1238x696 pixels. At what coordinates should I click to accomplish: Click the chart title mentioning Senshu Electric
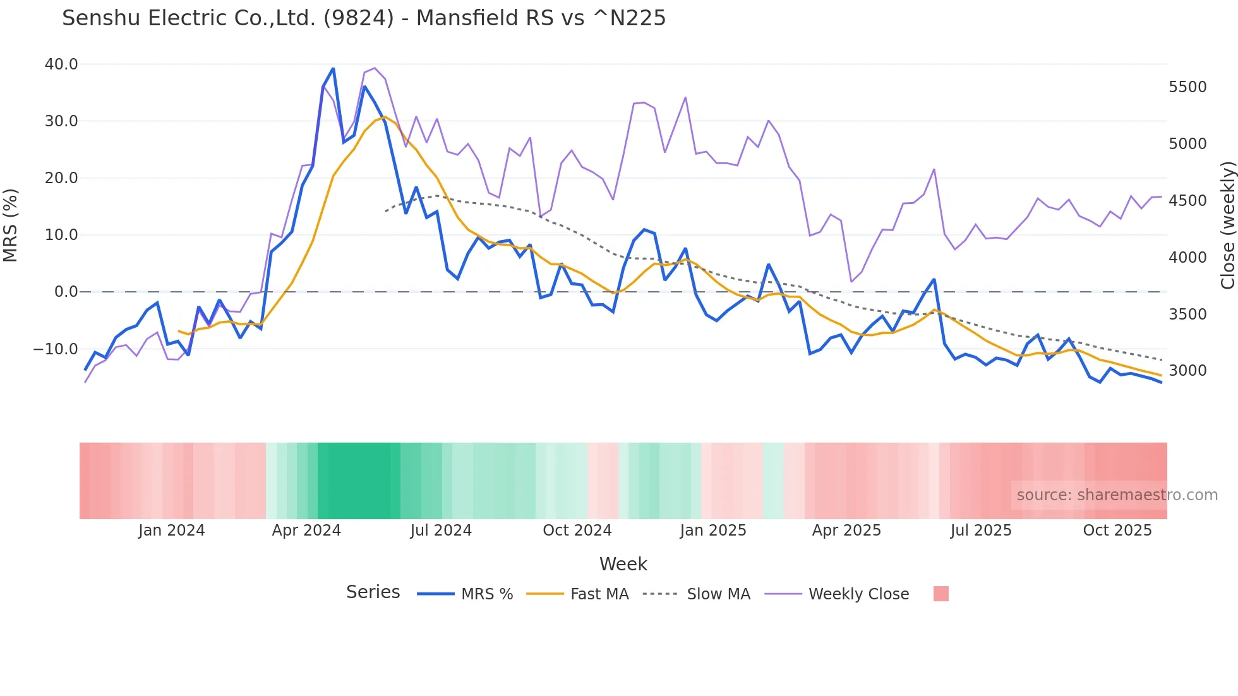(x=364, y=18)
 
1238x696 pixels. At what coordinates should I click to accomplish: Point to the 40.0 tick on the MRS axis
(x=61, y=64)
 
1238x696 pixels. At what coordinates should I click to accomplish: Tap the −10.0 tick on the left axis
(x=56, y=349)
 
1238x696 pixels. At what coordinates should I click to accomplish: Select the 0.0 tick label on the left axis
(x=66, y=292)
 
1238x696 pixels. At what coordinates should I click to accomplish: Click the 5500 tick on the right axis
(x=1187, y=87)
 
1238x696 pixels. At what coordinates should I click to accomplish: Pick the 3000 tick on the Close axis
(x=1187, y=371)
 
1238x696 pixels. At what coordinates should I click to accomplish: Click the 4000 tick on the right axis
(x=1187, y=258)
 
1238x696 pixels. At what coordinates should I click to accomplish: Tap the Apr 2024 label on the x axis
(x=306, y=531)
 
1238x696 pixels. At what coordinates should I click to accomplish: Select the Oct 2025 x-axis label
(x=1117, y=531)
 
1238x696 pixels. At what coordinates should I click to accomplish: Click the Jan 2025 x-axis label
(x=713, y=531)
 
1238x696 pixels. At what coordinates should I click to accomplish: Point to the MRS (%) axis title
(x=11, y=225)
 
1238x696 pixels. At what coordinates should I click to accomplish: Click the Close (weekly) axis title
(x=1227, y=225)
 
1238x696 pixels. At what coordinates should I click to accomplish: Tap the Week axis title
(x=623, y=564)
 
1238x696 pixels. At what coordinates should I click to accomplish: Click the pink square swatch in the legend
(x=941, y=594)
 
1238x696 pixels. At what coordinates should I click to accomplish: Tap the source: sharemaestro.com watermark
(x=1117, y=495)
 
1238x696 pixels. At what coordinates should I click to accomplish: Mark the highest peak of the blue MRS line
(x=333, y=68)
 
